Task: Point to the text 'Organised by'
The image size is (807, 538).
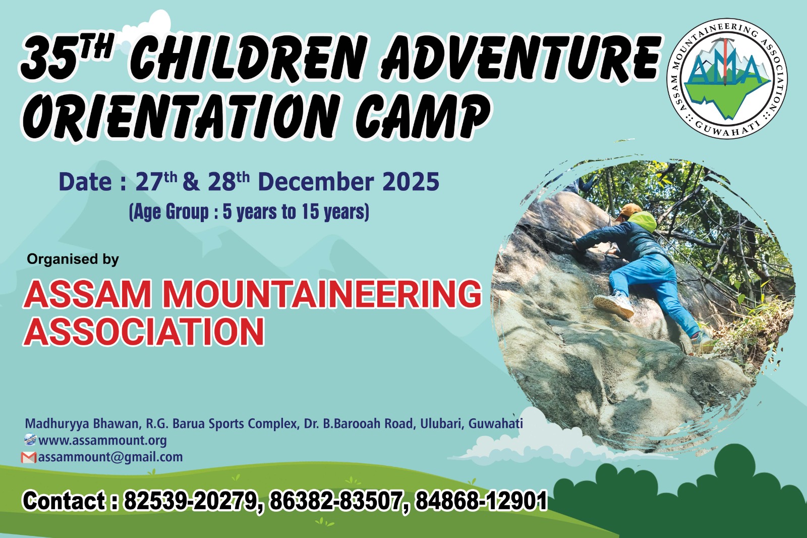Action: [x=73, y=259]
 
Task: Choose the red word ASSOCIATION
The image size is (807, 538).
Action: [x=144, y=332]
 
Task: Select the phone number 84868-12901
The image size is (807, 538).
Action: [x=481, y=501]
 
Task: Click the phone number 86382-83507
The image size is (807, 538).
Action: [x=336, y=501]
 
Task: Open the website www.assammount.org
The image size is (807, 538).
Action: [x=102, y=440]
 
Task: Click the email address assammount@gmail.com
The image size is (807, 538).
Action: [x=110, y=457]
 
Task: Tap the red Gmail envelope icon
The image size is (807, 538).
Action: [x=29, y=458]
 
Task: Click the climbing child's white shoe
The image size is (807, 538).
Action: [x=614, y=305]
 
